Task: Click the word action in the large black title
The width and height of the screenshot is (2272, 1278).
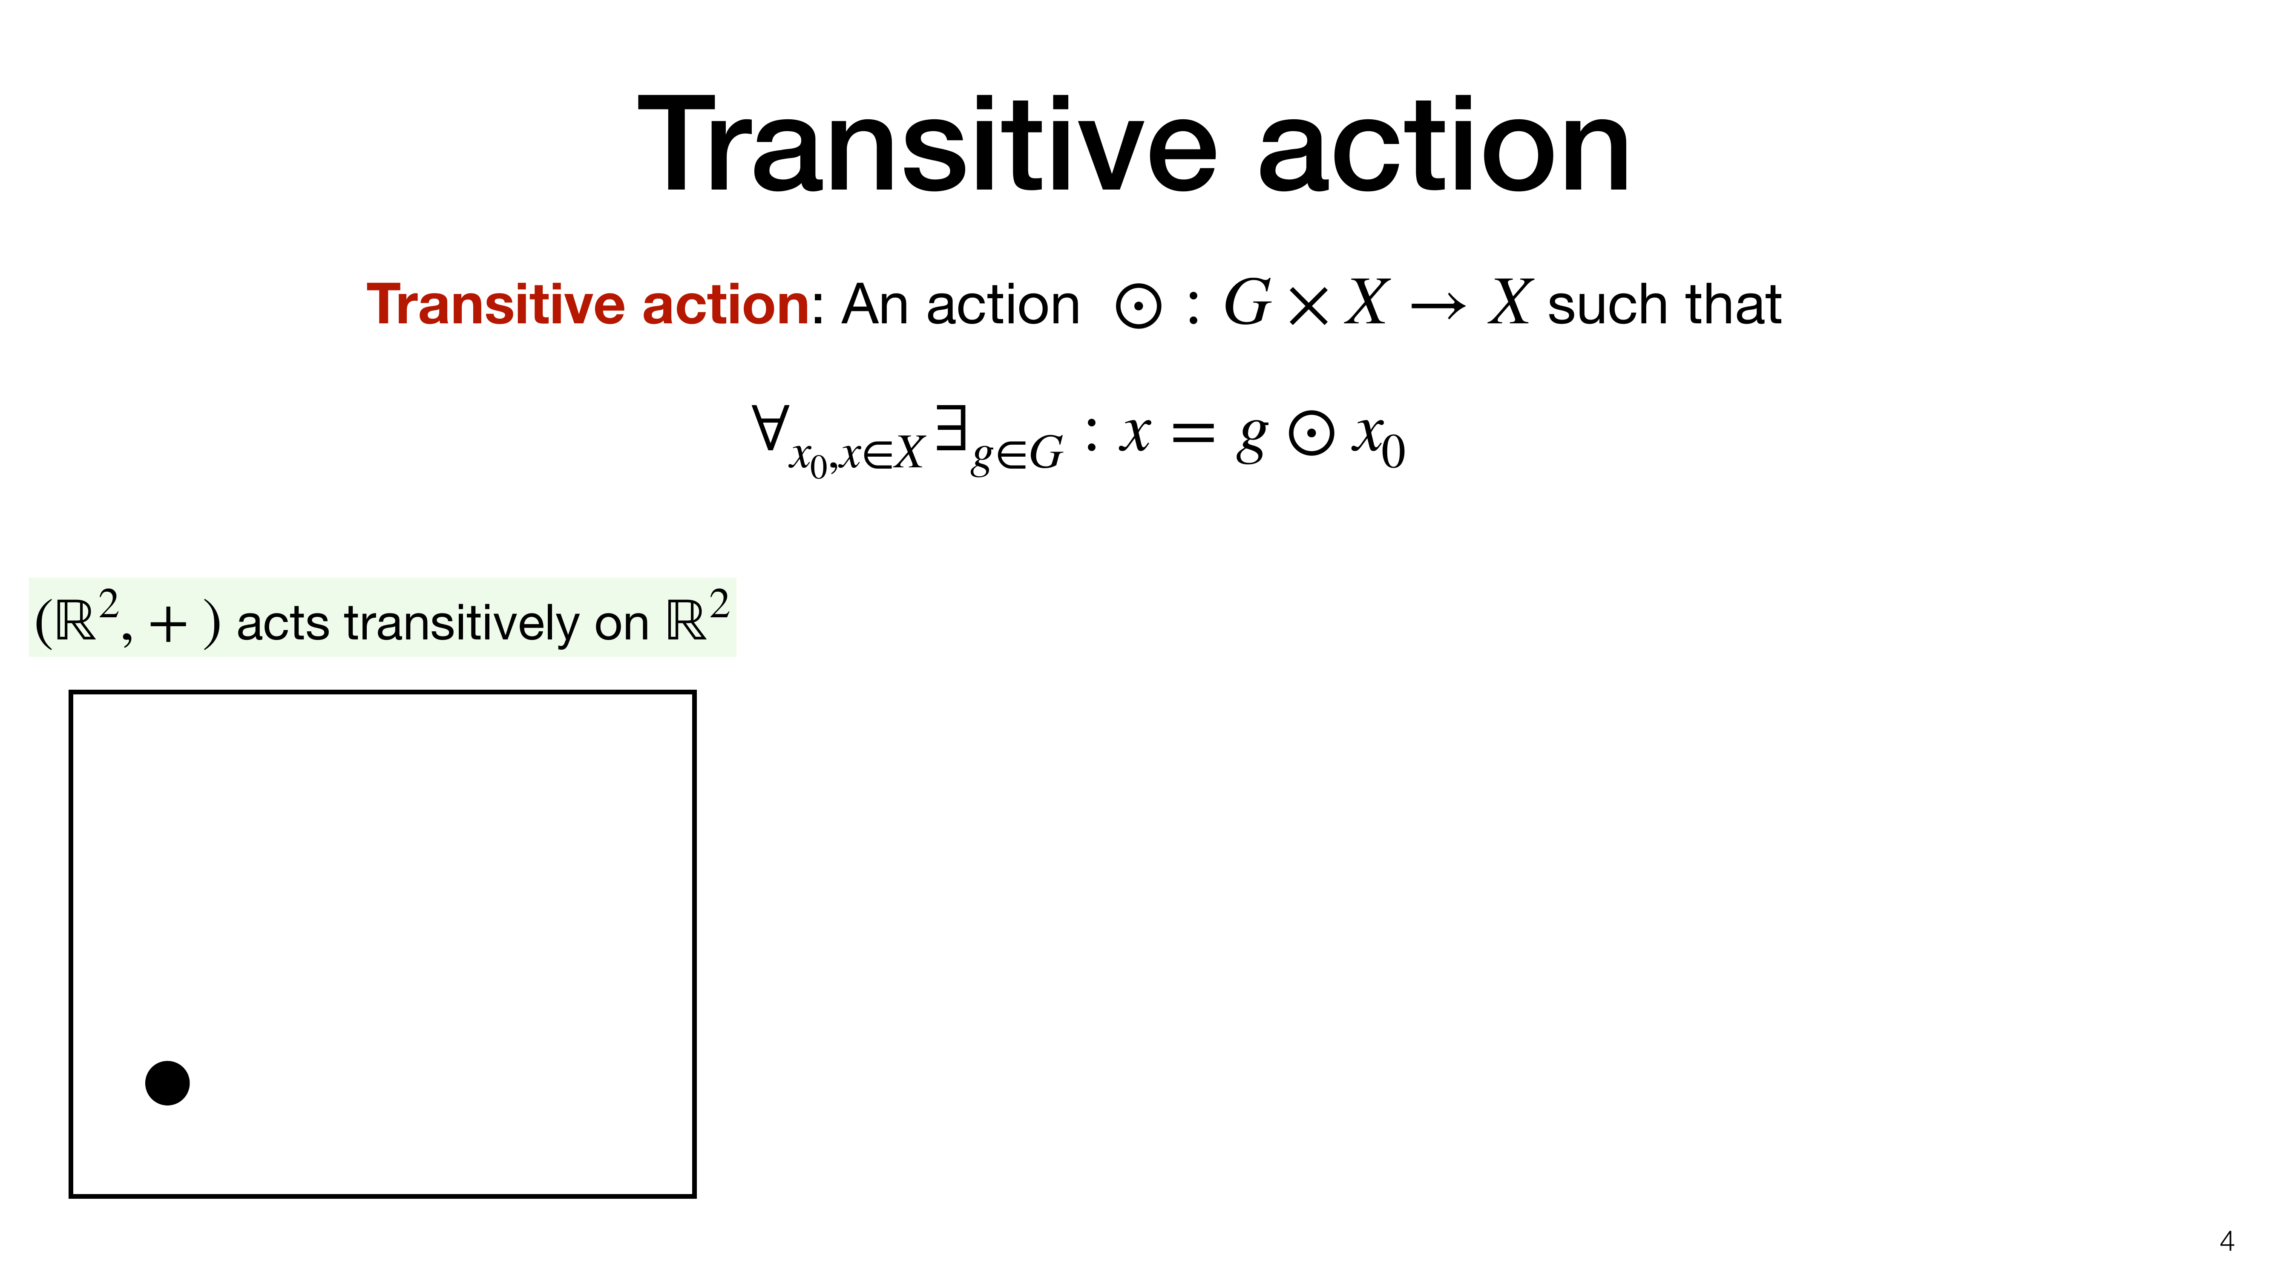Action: pyautogui.click(x=1444, y=146)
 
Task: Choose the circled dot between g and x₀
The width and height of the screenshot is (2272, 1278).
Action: pyautogui.click(x=1311, y=435)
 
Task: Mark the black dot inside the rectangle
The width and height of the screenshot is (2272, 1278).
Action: pyautogui.click(x=167, y=1083)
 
